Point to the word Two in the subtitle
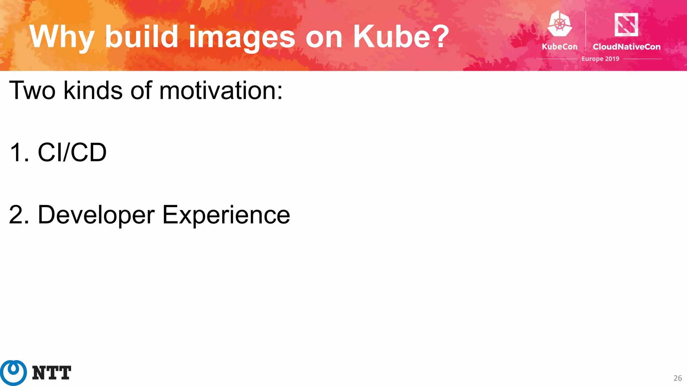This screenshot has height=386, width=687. (x=32, y=90)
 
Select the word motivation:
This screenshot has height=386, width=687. (x=221, y=90)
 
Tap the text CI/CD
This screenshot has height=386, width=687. (x=72, y=152)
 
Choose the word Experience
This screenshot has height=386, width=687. (x=226, y=215)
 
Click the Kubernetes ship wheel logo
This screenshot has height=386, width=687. (x=560, y=24)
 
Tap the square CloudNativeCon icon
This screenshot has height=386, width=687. (x=626, y=24)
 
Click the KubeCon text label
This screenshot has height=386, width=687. (x=560, y=47)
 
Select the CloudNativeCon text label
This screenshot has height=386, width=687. (x=626, y=47)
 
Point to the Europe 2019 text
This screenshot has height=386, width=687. (x=600, y=59)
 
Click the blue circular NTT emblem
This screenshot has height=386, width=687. (x=13, y=373)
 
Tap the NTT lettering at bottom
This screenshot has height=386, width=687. (x=51, y=373)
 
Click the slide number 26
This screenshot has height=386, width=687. (x=677, y=378)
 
